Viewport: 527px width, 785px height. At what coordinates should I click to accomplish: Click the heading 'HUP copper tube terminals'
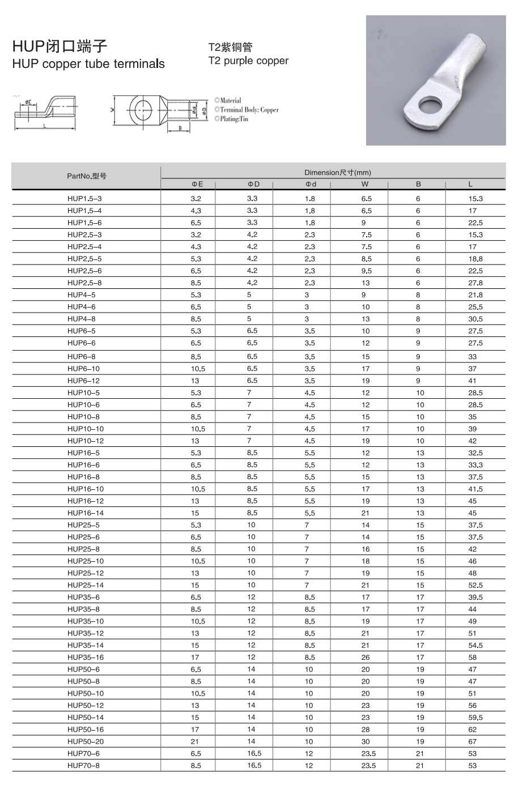tap(88, 64)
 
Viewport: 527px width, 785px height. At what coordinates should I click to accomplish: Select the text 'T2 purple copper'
tap(248, 61)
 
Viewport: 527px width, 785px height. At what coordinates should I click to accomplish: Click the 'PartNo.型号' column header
tap(86, 176)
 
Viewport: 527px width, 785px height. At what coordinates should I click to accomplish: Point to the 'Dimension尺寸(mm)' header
tap(337, 173)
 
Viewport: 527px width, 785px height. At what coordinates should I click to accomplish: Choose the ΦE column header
tap(196, 184)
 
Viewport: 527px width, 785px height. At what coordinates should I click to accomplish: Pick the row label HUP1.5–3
tap(84, 199)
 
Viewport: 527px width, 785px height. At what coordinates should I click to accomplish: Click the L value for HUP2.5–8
tap(475, 283)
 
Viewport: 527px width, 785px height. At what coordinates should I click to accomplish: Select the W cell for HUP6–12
tap(365, 381)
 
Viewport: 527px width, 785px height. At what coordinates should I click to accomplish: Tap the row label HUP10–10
tap(86, 429)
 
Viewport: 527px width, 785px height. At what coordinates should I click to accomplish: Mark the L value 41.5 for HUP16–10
tap(475, 489)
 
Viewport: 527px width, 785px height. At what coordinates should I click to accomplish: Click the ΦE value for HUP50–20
tap(195, 741)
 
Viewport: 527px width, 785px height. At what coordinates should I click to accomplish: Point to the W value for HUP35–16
tap(365, 657)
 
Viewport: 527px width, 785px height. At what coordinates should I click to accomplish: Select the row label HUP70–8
tap(83, 765)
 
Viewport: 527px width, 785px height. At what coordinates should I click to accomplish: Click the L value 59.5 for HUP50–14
tap(475, 718)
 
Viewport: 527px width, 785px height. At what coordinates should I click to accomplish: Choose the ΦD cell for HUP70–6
tap(254, 753)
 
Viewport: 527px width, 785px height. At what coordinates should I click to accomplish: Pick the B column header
tap(418, 184)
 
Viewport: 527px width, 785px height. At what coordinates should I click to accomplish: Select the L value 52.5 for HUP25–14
tap(475, 585)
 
